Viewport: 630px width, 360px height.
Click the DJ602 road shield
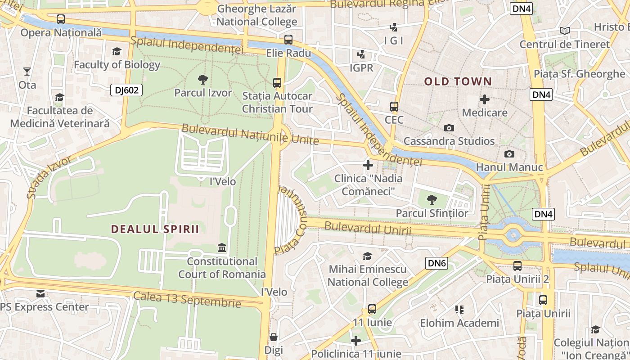[126, 90]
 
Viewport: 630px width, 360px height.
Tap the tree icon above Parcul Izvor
[203, 80]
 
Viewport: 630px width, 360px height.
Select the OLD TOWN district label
[458, 81]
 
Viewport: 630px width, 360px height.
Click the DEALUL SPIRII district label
[155, 229]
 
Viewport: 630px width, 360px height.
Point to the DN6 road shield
[437, 263]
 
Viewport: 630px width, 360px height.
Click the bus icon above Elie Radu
[288, 40]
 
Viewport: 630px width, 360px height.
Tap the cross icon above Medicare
[485, 99]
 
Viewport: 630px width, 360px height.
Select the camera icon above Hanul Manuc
[509, 154]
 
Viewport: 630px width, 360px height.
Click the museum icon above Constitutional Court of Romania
[222, 248]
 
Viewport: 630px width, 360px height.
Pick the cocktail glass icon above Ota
[27, 72]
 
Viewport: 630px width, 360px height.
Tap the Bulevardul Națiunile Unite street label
[250, 135]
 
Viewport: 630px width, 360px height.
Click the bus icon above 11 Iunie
[372, 309]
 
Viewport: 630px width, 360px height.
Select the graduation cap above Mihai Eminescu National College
[368, 256]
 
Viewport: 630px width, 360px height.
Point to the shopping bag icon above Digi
[274, 337]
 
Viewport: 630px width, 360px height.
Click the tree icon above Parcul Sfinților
[432, 199]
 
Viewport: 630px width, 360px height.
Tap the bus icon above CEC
[394, 107]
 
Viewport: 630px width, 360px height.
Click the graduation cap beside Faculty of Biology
[117, 51]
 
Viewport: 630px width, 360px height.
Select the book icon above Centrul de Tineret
[564, 31]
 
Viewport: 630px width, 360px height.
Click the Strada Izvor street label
[49, 177]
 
